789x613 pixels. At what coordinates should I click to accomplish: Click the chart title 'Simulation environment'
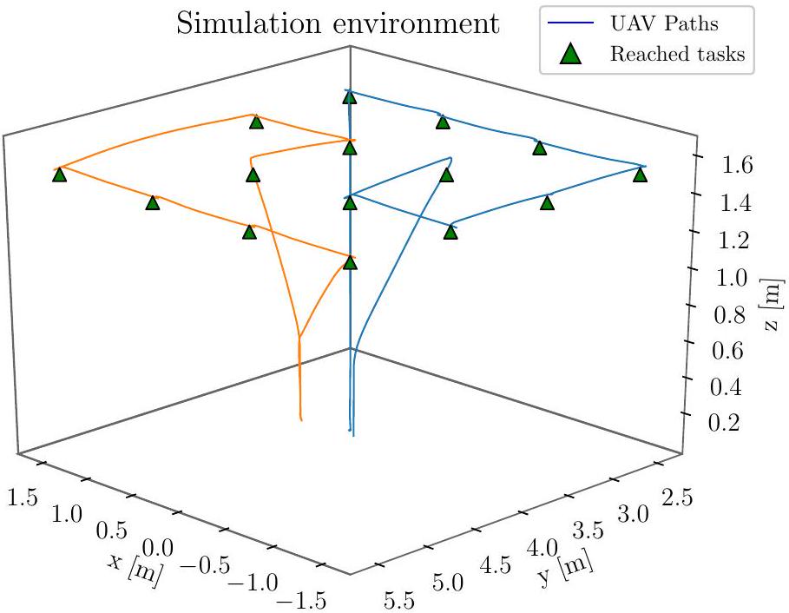coord(338,23)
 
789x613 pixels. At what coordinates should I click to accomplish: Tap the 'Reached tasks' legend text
coord(677,54)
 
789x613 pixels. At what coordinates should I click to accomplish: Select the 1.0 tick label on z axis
coord(731,278)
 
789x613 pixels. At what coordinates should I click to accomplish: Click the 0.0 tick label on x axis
coord(156,547)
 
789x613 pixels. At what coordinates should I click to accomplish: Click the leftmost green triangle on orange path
coord(59,175)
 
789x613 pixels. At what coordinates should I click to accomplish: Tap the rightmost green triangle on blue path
coord(641,175)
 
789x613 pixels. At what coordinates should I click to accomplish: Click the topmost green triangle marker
coord(350,97)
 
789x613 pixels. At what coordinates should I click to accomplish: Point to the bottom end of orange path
coord(301,419)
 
